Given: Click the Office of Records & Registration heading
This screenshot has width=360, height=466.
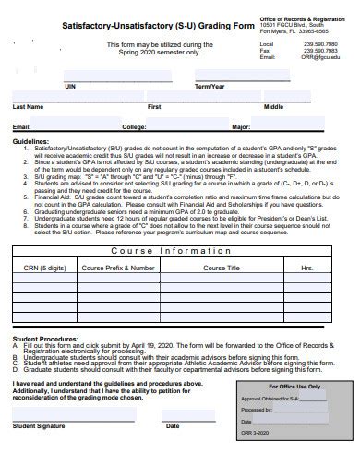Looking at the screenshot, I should (303, 18).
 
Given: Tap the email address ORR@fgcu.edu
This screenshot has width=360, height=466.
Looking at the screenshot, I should (319, 57).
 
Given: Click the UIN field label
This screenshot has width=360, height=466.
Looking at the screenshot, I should (70, 85).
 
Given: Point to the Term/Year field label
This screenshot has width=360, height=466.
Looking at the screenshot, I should (210, 85).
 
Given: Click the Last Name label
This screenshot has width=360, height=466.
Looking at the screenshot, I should (29, 106).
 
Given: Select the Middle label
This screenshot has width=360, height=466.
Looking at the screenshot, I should (274, 106).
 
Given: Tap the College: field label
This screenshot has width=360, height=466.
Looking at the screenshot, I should (134, 126).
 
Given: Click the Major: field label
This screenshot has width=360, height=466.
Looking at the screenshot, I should (241, 126).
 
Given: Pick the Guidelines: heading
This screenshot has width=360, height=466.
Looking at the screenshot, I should (30, 141).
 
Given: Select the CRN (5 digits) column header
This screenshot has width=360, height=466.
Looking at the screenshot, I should (44, 268).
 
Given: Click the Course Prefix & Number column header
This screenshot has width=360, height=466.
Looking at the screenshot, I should (118, 268).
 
